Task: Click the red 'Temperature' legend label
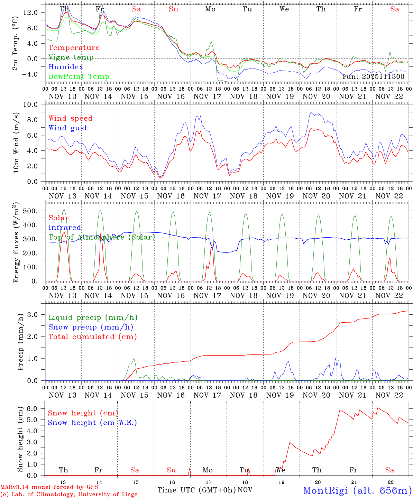(74, 48)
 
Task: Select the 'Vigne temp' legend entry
(71, 57)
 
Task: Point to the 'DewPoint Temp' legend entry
(79, 77)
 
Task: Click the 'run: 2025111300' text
(373, 76)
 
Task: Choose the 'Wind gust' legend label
(68, 128)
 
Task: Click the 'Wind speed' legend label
(71, 118)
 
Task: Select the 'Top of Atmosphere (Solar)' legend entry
(102, 237)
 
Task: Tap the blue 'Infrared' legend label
(65, 228)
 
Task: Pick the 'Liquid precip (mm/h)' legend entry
(93, 317)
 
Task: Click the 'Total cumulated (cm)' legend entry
(93, 337)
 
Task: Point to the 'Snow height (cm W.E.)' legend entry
(92, 423)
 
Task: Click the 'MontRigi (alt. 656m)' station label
(357, 490)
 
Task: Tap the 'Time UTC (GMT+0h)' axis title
(196, 490)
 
